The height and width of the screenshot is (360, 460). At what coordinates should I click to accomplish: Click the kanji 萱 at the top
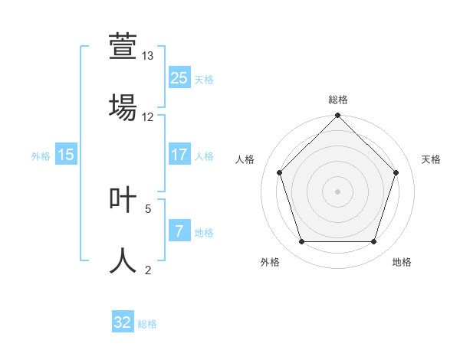(123, 47)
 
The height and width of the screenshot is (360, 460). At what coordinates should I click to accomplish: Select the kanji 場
(123, 107)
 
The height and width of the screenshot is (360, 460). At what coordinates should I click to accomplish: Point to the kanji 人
(123, 260)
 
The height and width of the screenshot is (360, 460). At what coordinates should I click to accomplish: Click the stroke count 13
(148, 56)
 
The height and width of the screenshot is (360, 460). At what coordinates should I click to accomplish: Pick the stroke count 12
(148, 117)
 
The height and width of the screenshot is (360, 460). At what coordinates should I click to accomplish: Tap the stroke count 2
(148, 270)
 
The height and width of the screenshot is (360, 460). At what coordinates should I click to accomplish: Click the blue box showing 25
(179, 78)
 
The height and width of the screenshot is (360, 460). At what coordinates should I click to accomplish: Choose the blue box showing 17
(179, 155)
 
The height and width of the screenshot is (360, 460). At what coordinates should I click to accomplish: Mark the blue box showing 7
(179, 231)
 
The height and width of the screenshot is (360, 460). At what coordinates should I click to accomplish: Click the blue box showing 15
(66, 155)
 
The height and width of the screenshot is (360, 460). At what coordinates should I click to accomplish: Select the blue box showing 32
(123, 322)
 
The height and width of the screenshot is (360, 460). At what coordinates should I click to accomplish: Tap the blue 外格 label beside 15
(41, 155)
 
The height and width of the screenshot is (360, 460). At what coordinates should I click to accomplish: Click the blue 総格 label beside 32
(147, 324)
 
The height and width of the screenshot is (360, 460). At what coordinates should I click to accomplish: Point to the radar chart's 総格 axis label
(337, 100)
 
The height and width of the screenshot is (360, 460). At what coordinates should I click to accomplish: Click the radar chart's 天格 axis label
(431, 159)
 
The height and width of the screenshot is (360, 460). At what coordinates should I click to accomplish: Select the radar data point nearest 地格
(373, 242)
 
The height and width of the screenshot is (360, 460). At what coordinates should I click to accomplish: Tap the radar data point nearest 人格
(279, 172)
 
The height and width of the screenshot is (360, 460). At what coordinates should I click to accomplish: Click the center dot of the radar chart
(337, 191)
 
